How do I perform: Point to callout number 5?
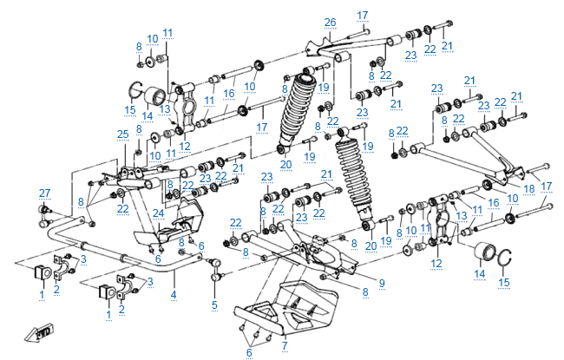tap(214, 304)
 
